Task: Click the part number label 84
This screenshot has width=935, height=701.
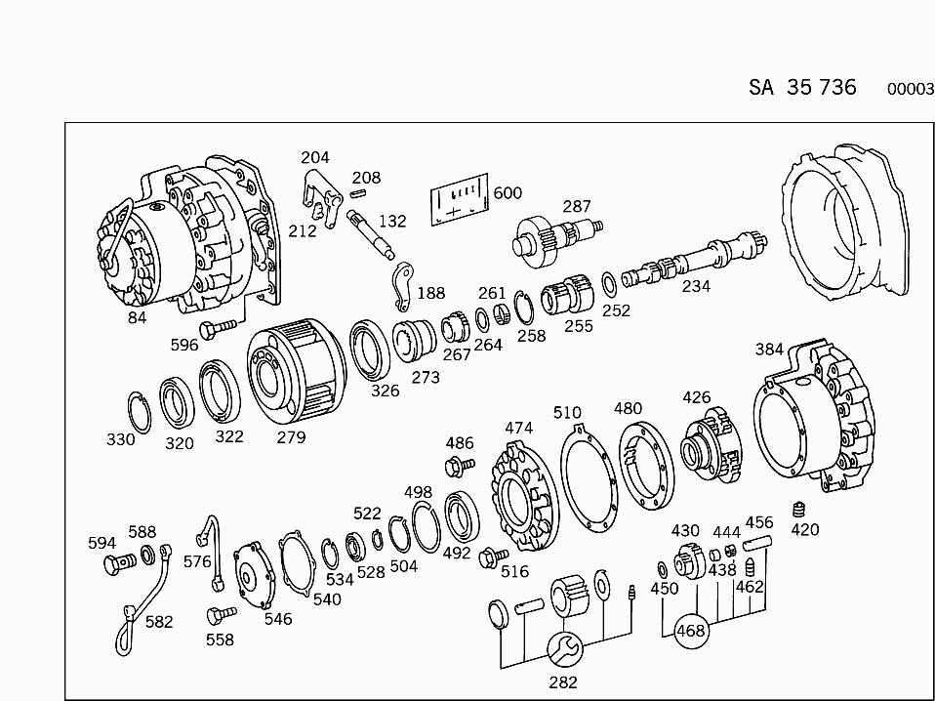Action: coord(137,317)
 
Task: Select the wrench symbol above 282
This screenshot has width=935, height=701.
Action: coord(563,647)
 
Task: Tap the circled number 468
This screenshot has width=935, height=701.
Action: coord(691,631)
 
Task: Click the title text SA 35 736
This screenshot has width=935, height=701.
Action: coord(802,87)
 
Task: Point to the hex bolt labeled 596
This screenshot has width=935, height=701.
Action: coord(217,327)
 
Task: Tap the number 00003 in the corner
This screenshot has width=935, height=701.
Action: coord(910,89)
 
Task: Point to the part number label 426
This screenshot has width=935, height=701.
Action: coord(696,397)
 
